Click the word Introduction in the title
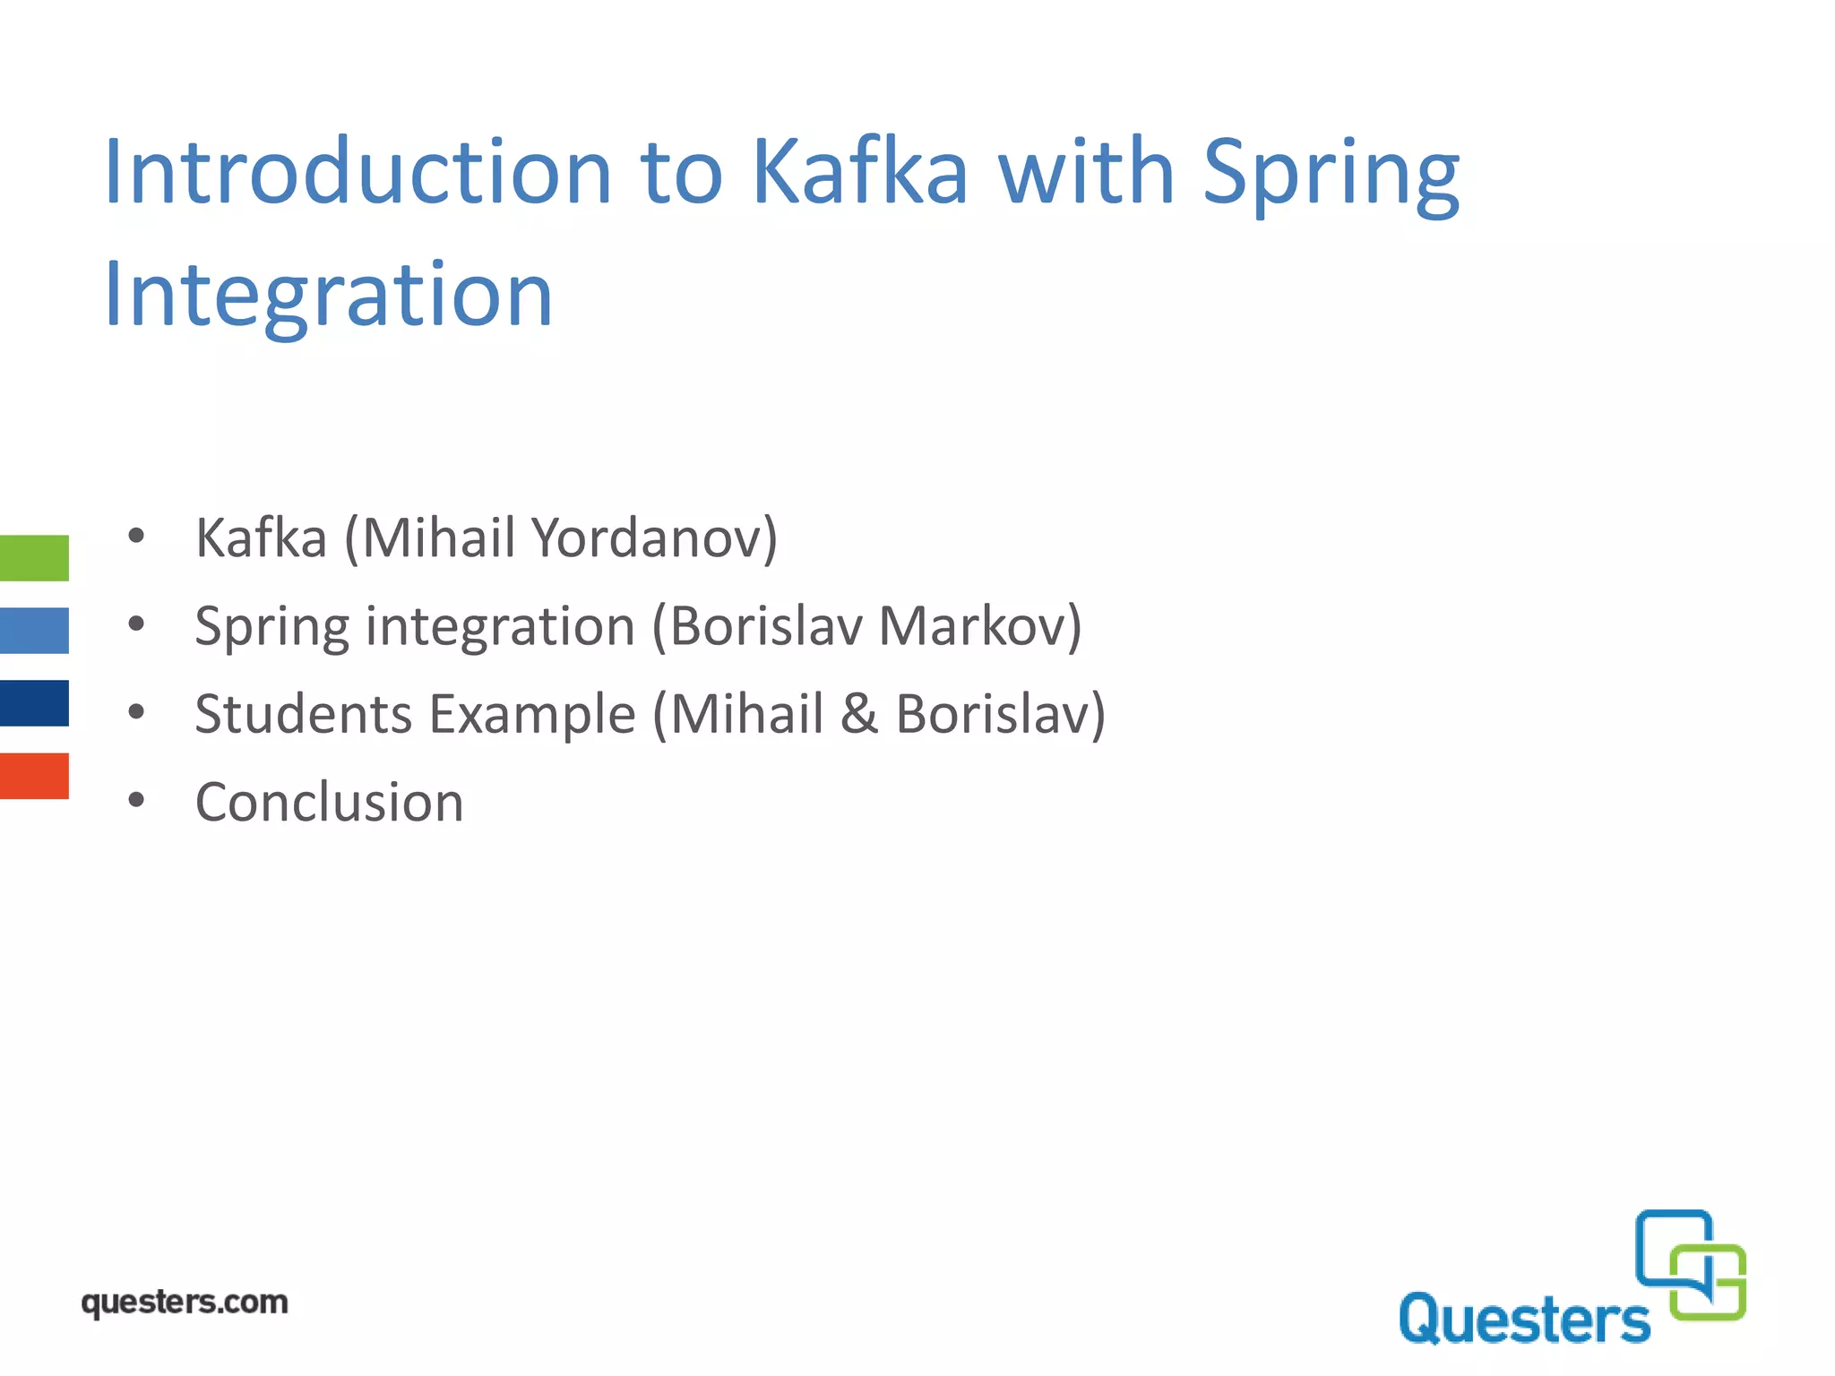point(357,172)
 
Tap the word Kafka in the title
point(859,172)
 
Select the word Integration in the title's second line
point(328,295)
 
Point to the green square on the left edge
point(34,558)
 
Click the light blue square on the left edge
point(34,631)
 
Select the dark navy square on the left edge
point(34,703)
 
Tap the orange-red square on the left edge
point(34,776)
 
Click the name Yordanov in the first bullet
point(654,538)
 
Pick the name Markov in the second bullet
point(980,626)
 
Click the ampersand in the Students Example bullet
point(859,714)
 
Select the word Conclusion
point(329,802)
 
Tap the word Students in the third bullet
point(303,714)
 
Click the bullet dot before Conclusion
point(135,800)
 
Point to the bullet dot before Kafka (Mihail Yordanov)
point(135,537)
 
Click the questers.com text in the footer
point(185,1303)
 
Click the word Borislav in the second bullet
point(766,626)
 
